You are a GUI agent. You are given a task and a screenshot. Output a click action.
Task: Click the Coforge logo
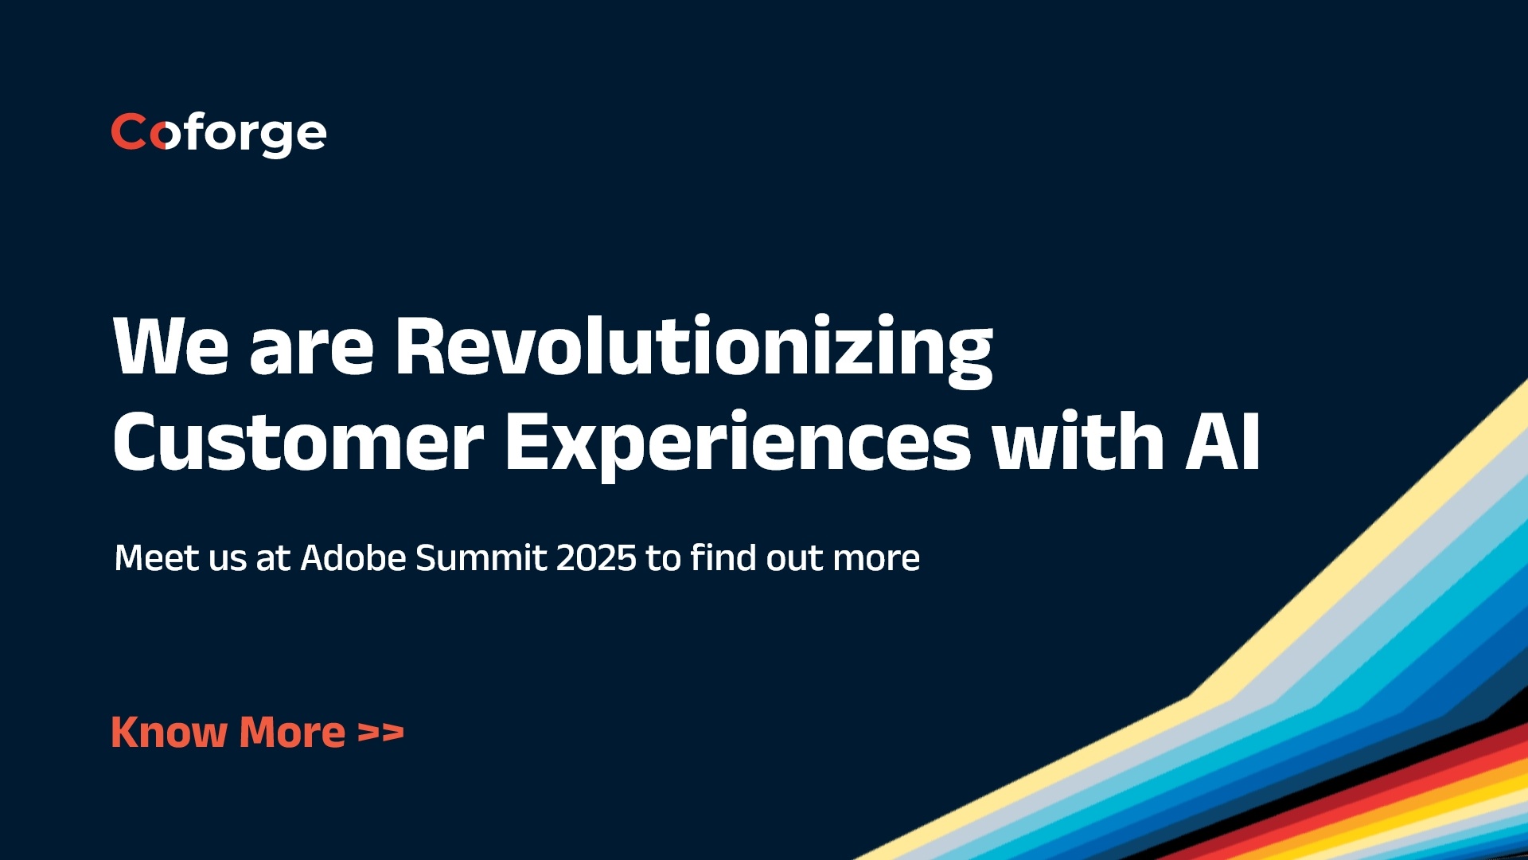tap(219, 133)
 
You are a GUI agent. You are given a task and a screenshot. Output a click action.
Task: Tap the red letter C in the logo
tap(127, 131)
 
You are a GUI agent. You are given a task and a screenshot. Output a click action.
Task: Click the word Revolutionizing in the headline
tap(694, 347)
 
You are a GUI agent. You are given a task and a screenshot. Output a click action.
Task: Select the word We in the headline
tap(170, 347)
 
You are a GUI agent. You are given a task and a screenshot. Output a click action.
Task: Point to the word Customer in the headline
tap(298, 443)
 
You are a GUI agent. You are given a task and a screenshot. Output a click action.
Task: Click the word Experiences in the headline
tap(738, 443)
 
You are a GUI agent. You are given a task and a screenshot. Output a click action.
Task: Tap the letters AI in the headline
tap(1222, 443)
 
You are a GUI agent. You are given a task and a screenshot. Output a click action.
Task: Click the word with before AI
tap(1078, 443)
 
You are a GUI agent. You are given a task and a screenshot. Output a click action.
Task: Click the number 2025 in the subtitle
tap(596, 558)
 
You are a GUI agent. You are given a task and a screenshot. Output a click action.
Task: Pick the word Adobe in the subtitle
tap(354, 558)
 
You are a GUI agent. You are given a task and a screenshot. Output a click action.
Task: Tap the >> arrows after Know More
tap(380, 733)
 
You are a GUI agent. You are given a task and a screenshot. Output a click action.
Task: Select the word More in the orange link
tap(292, 733)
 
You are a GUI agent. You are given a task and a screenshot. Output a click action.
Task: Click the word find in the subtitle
tap(723, 558)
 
